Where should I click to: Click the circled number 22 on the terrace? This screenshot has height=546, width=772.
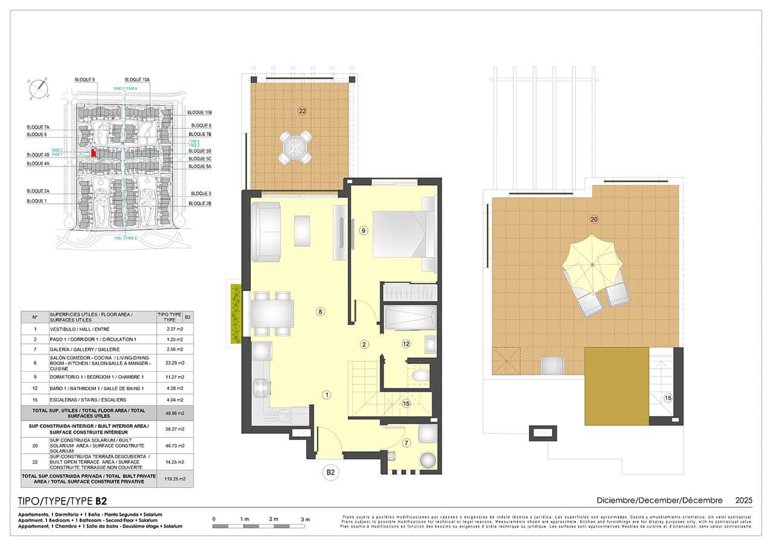click(302, 110)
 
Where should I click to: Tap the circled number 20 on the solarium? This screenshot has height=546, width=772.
click(594, 220)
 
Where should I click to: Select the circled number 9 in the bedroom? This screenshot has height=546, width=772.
click(363, 230)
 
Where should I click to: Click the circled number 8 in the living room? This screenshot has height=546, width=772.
click(321, 311)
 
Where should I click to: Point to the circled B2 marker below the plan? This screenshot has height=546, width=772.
click(331, 472)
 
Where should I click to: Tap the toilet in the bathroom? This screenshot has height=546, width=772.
click(420, 378)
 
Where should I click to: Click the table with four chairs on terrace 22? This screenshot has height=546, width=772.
click(295, 148)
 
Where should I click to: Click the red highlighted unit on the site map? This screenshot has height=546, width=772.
click(93, 153)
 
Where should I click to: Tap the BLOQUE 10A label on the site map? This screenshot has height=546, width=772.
click(138, 80)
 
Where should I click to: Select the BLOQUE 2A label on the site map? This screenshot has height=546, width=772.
click(37, 191)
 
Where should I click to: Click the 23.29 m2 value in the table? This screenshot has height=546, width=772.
click(171, 363)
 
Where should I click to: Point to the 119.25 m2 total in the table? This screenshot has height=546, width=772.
click(171, 478)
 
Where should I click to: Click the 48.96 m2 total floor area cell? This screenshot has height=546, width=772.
click(171, 413)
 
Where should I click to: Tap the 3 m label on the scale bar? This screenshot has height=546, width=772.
click(305, 519)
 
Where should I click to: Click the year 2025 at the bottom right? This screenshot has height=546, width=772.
click(743, 500)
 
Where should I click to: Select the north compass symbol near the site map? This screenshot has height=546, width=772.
click(39, 88)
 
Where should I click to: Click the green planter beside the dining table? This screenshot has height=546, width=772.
click(236, 314)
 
